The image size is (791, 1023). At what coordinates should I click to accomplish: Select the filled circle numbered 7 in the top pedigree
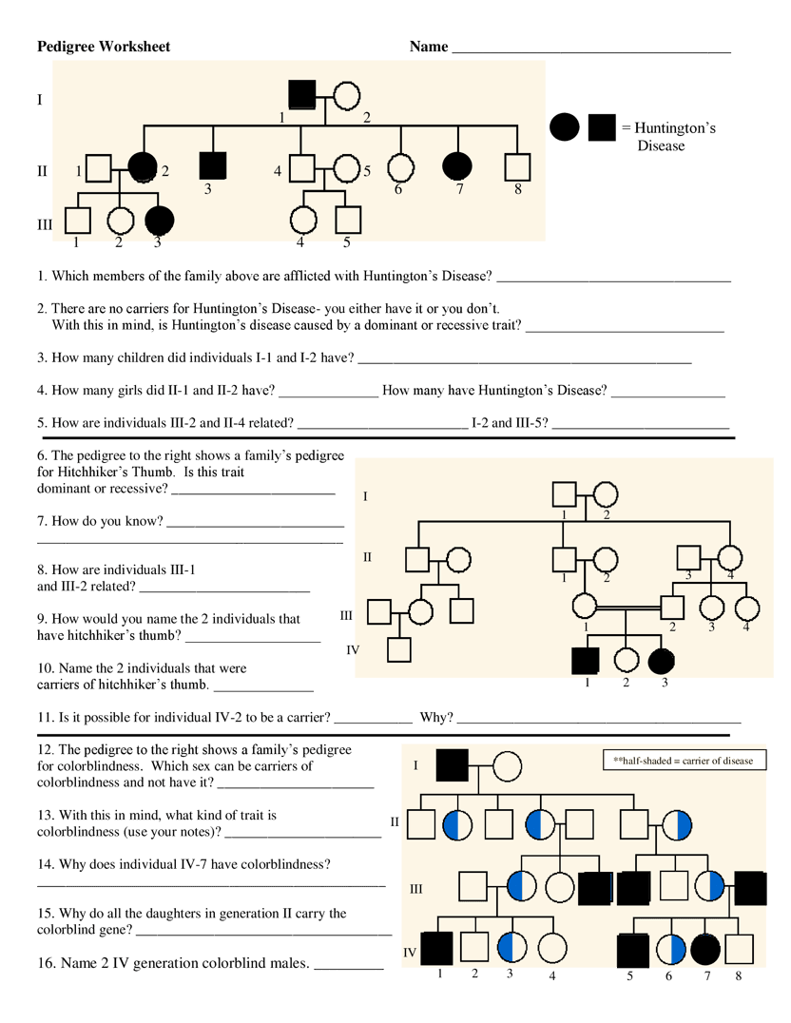(457, 165)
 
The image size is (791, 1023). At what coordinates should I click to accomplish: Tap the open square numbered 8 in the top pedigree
(516, 166)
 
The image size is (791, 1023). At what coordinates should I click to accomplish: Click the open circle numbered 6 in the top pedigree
(400, 166)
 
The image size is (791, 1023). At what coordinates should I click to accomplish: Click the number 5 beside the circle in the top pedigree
(366, 172)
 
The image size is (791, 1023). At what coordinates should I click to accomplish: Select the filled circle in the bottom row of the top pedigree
(160, 220)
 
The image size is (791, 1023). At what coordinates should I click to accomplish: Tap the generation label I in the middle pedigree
(365, 496)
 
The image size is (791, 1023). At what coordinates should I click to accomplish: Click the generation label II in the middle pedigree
(367, 557)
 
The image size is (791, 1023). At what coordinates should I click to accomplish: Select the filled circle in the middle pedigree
(661, 661)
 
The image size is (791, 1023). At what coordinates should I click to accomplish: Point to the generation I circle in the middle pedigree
(607, 494)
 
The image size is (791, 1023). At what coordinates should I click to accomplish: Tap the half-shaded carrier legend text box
(684, 761)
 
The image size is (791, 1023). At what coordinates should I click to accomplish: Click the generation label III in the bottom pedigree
(415, 889)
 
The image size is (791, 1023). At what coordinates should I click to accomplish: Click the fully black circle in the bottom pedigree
(706, 949)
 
